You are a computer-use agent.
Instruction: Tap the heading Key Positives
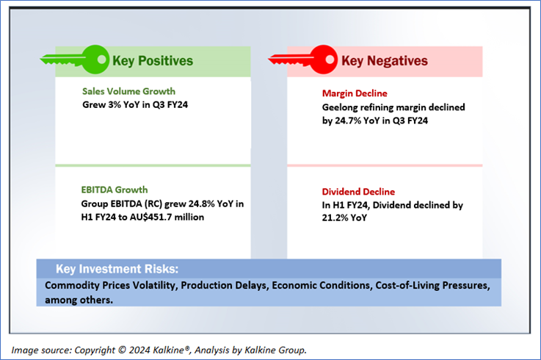(153, 61)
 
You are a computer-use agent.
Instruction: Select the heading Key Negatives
(385, 61)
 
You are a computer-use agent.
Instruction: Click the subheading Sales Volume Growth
(128, 91)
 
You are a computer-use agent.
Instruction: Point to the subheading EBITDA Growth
(115, 190)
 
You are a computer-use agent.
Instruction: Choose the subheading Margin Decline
(355, 93)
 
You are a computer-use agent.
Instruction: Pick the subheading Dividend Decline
(358, 192)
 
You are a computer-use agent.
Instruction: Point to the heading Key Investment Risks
(117, 269)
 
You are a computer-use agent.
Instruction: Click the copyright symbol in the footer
(122, 350)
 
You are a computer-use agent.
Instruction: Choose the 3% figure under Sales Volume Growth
(114, 104)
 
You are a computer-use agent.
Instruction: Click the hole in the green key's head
(102, 59)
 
